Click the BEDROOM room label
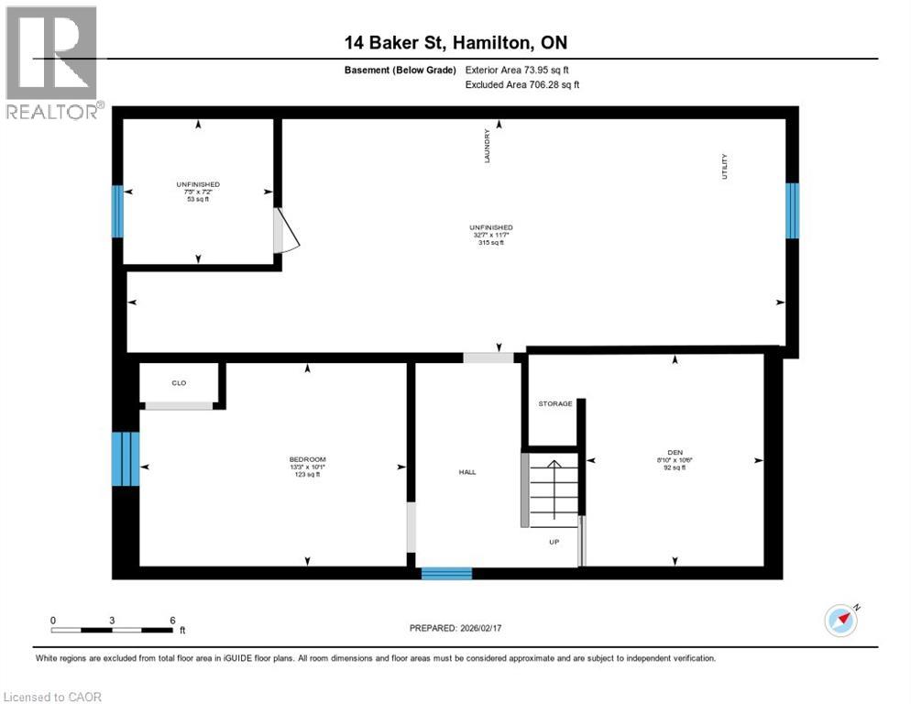(x=307, y=459)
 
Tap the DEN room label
(x=675, y=452)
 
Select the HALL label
(x=467, y=472)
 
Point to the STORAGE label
(x=555, y=403)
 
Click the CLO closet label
(x=179, y=382)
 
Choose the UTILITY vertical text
(x=724, y=166)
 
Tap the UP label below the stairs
(x=554, y=541)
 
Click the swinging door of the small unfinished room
(x=285, y=231)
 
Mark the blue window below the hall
(x=446, y=574)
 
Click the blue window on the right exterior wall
(x=792, y=210)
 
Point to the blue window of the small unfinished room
(x=117, y=212)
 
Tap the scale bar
(x=112, y=630)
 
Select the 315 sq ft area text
(x=490, y=243)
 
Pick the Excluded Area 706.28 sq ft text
(x=522, y=84)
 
